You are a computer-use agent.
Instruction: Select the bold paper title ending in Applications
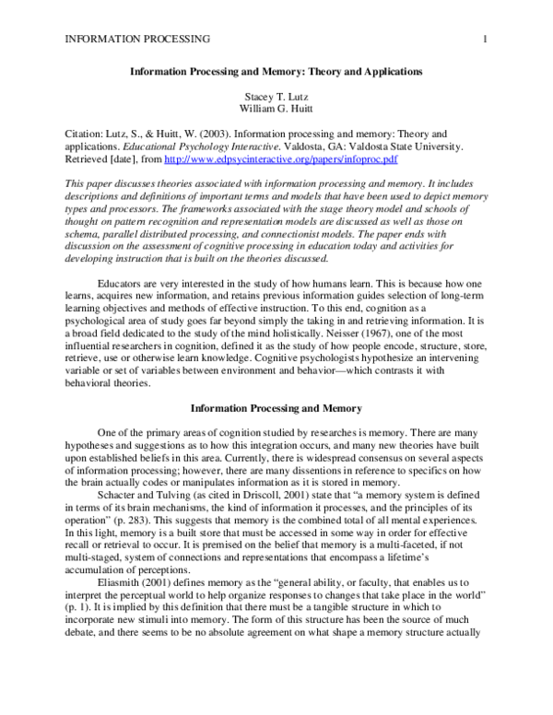[276, 70]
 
